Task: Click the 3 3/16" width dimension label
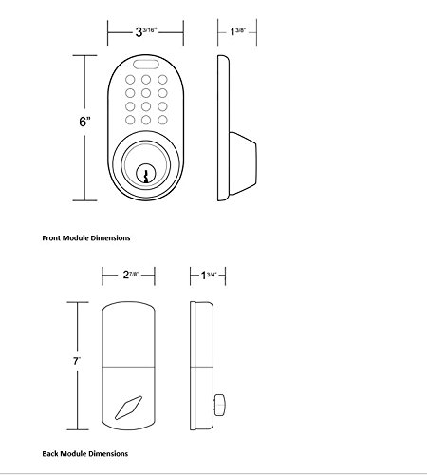point(146,31)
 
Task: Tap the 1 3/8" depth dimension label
point(238,31)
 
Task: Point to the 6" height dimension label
point(84,122)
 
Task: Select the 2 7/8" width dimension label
point(130,275)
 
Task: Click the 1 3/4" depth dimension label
point(209,275)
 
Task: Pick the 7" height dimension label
point(77,361)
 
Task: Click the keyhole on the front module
point(145,175)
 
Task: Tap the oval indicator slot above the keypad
point(145,65)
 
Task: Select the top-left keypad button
point(130,80)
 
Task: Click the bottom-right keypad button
point(162,120)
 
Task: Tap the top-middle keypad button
point(146,80)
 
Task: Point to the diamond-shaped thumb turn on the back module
point(128,408)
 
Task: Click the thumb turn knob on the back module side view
point(220,405)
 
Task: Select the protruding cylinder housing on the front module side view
point(243,163)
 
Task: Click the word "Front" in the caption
point(51,238)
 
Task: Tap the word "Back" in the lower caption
point(50,454)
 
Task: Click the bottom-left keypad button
point(130,120)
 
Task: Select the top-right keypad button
point(162,80)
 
